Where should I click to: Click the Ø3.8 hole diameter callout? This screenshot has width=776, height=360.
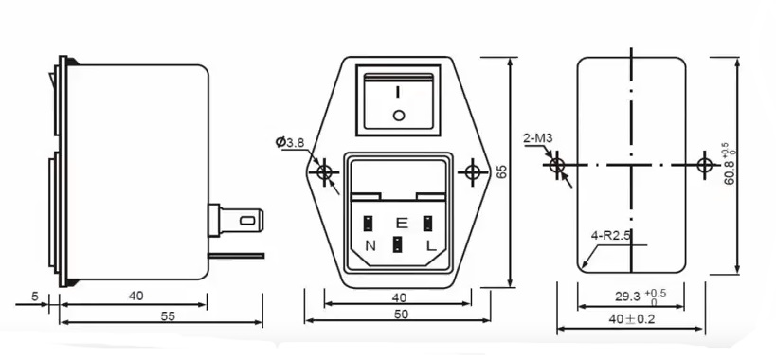(290, 142)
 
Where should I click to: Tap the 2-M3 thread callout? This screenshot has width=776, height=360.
(537, 138)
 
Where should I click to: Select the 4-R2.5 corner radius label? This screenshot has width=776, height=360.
(611, 235)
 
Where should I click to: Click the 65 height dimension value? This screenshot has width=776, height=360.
(501, 171)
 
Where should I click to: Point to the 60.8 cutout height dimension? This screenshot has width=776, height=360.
(730, 165)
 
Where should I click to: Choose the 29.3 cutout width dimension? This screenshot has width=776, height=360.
(641, 297)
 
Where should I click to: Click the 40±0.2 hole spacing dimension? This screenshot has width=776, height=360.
(631, 319)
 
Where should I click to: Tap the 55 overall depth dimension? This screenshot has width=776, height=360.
(168, 316)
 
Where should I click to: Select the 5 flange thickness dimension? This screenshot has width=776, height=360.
(35, 297)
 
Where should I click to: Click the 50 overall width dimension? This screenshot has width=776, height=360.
(402, 315)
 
